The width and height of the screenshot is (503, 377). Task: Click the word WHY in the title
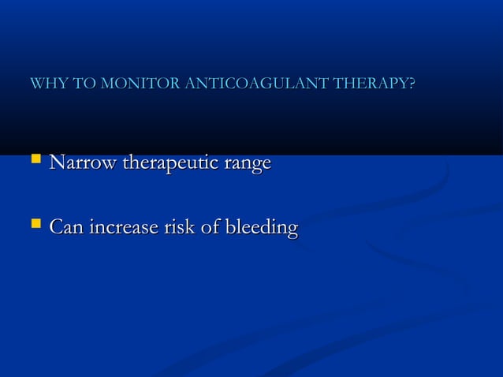pyautogui.click(x=43, y=84)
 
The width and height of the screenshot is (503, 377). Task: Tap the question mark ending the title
pyautogui.click(x=412, y=84)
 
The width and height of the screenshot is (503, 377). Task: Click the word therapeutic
pyautogui.click(x=168, y=164)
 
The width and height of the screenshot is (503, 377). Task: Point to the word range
pyautogui.click(x=249, y=165)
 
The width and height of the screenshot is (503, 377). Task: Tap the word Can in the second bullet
pyautogui.click(x=67, y=229)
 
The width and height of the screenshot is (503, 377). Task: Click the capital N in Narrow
pyautogui.click(x=56, y=163)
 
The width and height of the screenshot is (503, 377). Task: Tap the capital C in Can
pyautogui.click(x=56, y=229)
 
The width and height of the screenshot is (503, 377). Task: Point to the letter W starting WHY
pyautogui.click(x=35, y=84)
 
